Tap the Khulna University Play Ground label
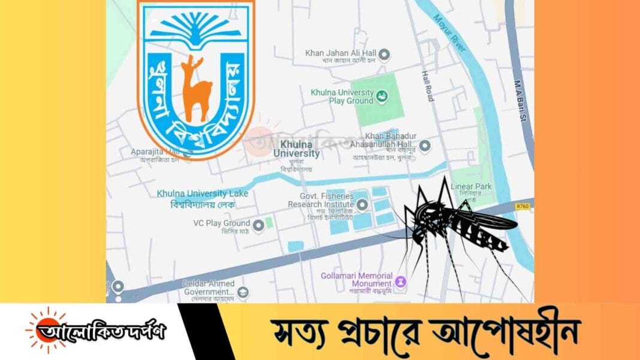click(342, 96)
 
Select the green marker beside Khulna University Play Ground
click(381, 95)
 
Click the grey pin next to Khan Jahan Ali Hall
click(386, 55)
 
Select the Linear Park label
click(471, 187)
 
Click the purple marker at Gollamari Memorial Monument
click(401, 281)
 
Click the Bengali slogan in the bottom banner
click(425, 331)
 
